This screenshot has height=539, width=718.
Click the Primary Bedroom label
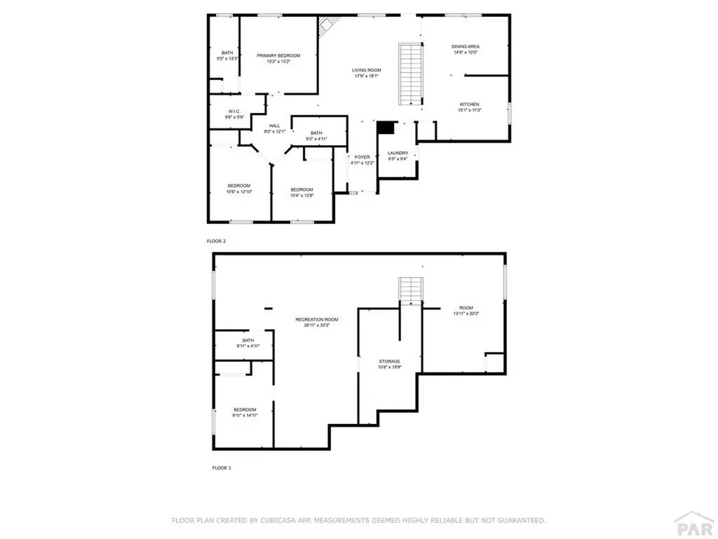pyautogui.click(x=278, y=55)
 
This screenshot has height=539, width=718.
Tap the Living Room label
pyautogui.click(x=366, y=69)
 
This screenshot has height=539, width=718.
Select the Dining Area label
pyautogui.click(x=465, y=46)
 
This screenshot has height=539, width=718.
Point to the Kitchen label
pyautogui.click(x=468, y=104)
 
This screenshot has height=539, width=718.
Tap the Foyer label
pyautogui.click(x=362, y=157)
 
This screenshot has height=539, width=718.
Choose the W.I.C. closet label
pyautogui.click(x=234, y=112)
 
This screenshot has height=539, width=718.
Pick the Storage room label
pyautogui.click(x=390, y=361)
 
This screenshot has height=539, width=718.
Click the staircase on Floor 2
pyautogui.click(x=410, y=74)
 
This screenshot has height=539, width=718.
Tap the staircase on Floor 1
pyautogui.click(x=409, y=290)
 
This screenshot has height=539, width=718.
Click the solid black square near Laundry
pyautogui.click(x=385, y=127)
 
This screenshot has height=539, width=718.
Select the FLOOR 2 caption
pyautogui.click(x=216, y=241)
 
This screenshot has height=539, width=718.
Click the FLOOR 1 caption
pyautogui.click(x=222, y=467)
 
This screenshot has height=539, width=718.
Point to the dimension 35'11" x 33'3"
pyautogui.click(x=316, y=325)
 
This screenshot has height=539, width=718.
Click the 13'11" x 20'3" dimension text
pyautogui.click(x=466, y=313)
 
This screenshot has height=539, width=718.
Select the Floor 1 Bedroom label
pyautogui.click(x=245, y=409)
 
